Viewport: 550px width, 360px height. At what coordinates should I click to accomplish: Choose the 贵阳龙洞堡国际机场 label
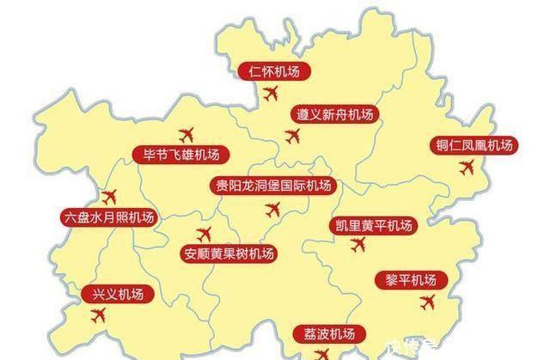click(274, 185)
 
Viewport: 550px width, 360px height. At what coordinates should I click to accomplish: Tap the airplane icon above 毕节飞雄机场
click(186, 134)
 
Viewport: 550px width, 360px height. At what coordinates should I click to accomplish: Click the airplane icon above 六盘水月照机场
click(109, 196)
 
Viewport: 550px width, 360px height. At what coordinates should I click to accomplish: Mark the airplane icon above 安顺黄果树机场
click(205, 233)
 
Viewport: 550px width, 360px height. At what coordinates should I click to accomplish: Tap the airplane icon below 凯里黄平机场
click(359, 246)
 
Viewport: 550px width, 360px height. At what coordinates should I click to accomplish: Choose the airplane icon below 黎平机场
click(427, 302)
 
